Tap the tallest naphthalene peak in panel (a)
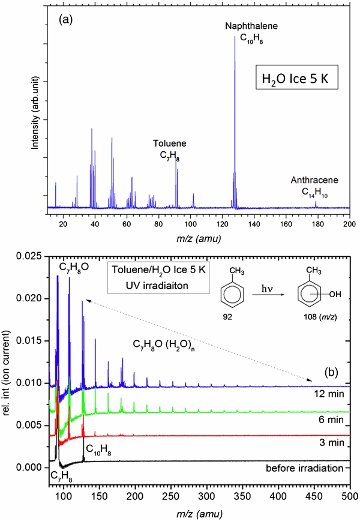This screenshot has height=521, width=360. (x=235, y=37)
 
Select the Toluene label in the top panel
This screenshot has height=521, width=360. (x=169, y=144)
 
